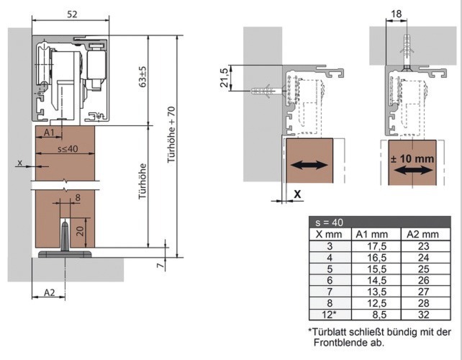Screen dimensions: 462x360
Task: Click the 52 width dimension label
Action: pyautogui.click(x=72, y=14)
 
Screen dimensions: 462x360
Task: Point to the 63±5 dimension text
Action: pyautogui.click(x=142, y=76)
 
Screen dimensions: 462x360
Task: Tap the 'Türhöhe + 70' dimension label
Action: pyautogui.click(x=171, y=135)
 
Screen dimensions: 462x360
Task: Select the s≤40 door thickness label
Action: pyautogui.click(x=68, y=149)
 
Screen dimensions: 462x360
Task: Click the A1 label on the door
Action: pyautogui.click(x=49, y=132)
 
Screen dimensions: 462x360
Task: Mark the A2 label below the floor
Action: pyautogui.click(x=49, y=292)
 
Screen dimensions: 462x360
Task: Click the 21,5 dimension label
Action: pyautogui.click(x=225, y=78)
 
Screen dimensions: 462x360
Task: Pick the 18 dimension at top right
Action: pyautogui.click(x=397, y=14)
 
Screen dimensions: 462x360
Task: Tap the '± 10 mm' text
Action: pyautogui.click(x=412, y=158)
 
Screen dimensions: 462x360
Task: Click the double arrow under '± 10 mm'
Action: pyautogui.click(x=413, y=170)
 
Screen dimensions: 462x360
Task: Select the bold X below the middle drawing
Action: pyautogui.click(x=298, y=194)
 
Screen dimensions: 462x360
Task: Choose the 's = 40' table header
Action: pyautogui.click(x=329, y=222)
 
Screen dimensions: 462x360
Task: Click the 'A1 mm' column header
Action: pyautogui.click(x=372, y=234)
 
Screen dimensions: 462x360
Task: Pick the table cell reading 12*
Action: pyautogui.click(x=329, y=315)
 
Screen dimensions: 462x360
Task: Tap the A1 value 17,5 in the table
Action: pyautogui.click(x=377, y=246)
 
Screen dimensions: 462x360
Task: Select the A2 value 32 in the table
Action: pyautogui.click(x=423, y=315)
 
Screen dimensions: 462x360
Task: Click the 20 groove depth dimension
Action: pyautogui.click(x=80, y=231)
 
